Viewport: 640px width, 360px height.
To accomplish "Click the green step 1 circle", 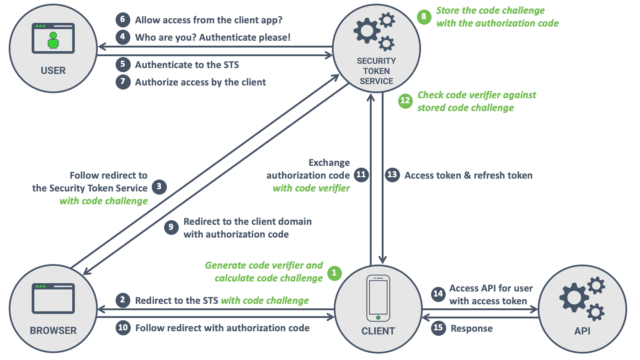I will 334,273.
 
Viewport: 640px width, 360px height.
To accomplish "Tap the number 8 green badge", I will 424,17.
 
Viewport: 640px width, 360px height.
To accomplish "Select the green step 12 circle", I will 405,101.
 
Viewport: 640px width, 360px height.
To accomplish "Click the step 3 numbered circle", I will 159,186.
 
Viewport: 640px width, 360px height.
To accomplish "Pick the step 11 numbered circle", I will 361,175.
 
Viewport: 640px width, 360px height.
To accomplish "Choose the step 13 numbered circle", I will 392,175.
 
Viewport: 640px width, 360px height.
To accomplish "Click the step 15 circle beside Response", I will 438,328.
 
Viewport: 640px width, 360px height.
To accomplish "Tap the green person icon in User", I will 53,40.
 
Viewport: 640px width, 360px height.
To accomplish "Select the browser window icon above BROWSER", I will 53,298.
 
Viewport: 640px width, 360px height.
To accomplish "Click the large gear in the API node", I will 573,297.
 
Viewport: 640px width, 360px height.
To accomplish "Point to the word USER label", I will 53,71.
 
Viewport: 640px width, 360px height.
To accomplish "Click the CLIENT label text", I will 378,331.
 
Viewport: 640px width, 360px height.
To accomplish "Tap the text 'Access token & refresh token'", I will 468,175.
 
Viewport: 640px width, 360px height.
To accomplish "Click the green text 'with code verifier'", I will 311,188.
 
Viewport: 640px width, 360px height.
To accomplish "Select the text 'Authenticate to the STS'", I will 187,65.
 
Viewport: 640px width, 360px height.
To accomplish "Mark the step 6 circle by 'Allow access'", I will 123,20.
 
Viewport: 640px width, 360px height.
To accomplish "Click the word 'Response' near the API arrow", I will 471,328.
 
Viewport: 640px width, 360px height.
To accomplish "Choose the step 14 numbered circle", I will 438,294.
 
